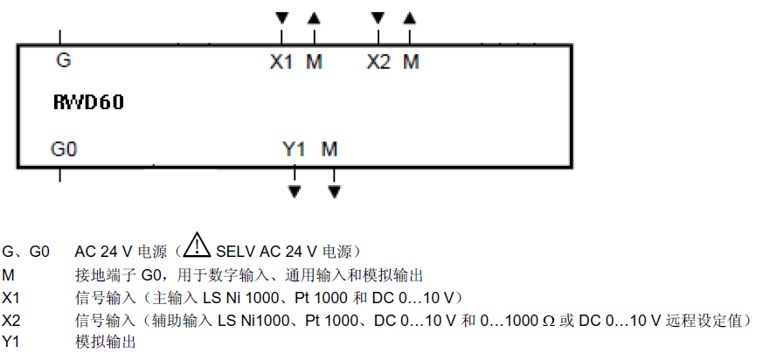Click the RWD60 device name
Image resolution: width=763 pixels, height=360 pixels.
point(88,103)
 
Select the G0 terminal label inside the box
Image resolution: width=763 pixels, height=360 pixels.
point(64,149)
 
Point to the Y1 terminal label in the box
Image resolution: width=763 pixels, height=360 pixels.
point(295,149)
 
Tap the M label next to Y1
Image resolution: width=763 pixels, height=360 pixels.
point(329,149)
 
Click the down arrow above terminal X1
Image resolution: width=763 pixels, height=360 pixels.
point(281,17)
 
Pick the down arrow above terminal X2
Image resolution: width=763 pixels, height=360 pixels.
point(378,17)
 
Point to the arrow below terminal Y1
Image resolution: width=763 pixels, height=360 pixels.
point(295,189)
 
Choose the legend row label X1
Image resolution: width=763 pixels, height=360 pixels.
point(10,297)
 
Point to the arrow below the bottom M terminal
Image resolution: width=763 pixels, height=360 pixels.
point(334,189)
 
